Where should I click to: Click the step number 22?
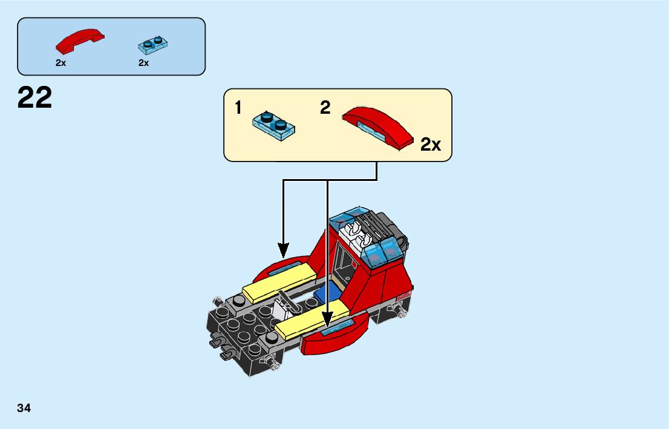point(35,97)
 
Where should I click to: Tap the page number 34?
point(24,408)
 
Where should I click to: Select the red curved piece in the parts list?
point(80,41)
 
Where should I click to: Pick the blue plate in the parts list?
point(152,43)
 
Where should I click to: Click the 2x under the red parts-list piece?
point(60,63)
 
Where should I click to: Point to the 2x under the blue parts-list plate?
point(143,63)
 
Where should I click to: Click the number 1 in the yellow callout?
point(238,108)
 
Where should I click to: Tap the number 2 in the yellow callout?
point(325,108)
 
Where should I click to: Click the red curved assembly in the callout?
point(378,126)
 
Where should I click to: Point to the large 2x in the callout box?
point(431,145)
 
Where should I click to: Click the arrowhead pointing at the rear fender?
point(283,249)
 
